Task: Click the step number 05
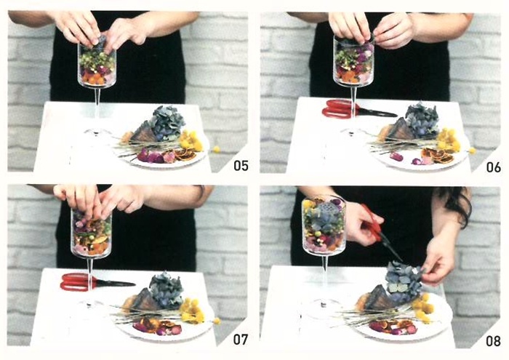click(241, 166)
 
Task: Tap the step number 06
click(493, 167)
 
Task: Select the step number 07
click(241, 340)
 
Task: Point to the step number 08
click(493, 341)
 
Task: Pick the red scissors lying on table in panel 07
click(97, 281)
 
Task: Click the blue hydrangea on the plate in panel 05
click(168, 123)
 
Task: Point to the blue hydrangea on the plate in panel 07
click(166, 290)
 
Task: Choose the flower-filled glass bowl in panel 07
click(91, 233)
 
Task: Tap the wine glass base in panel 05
click(97, 132)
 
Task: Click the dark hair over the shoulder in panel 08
click(458, 204)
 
